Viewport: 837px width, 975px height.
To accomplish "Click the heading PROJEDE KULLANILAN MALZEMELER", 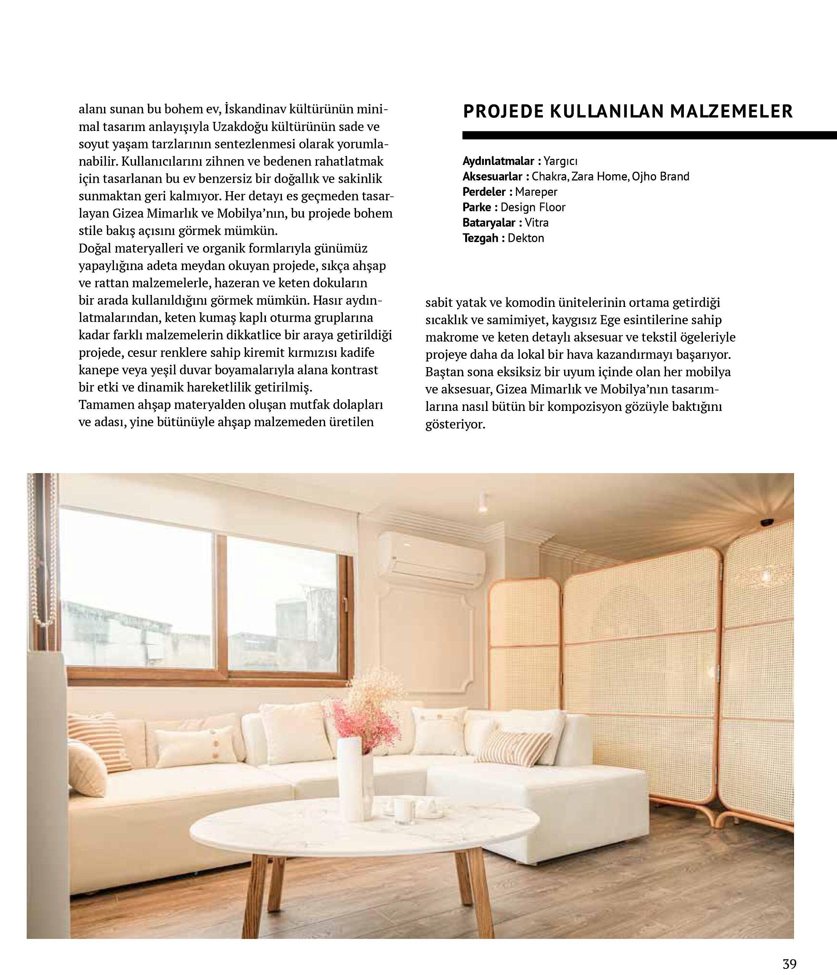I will click(x=628, y=112).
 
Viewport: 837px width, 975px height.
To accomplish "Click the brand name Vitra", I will click(x=537, y=222).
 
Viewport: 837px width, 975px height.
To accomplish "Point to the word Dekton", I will click(x=526, y=238).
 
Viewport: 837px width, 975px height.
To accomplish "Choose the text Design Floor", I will click(x=533, y=208).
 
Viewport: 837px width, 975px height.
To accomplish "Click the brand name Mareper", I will click(x=536, y=192).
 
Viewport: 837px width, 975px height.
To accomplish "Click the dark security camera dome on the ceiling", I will click(x=768, y=522).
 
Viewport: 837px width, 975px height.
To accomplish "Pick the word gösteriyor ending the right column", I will click(x=455, y=424).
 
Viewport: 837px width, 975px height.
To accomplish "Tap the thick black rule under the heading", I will click(x=650, y=136).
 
